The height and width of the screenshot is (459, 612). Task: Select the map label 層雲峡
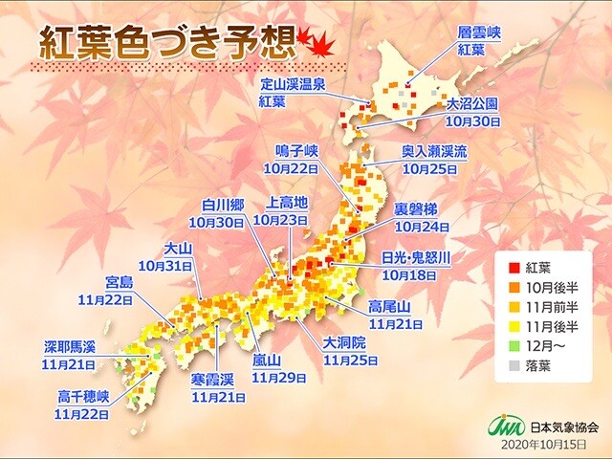tap(479, 31)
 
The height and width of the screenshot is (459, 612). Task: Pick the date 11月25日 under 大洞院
tap(350, 361)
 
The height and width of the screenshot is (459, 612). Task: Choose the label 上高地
tap(286, 204)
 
